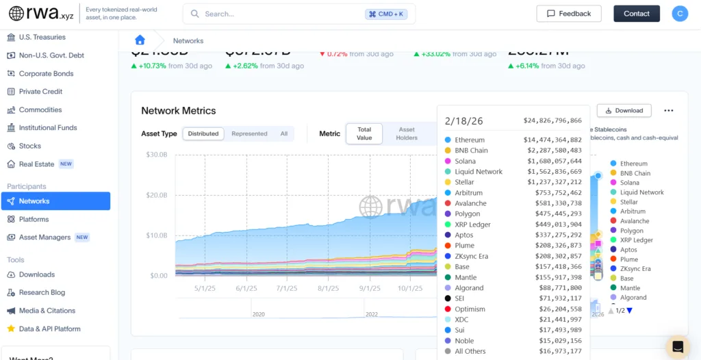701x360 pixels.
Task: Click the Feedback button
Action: click(569, 14)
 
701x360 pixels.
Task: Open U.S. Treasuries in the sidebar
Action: click(42, 37)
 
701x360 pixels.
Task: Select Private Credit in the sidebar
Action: click(40, 92)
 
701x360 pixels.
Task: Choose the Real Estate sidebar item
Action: click(36, 164)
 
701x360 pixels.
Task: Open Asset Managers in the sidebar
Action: click(44, 237)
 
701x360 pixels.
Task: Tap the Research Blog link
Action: click(42, 292)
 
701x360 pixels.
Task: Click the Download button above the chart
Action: click(624, 110)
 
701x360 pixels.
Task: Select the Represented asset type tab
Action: click(249, 134)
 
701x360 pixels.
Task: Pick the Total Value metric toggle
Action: click(364, 133)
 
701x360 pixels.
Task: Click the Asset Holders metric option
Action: click(407, 133)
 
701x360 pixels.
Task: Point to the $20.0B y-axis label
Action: click(157, 195)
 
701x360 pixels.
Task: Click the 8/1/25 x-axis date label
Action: click(329, 288)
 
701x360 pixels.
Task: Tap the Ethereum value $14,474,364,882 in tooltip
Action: click(552, 140)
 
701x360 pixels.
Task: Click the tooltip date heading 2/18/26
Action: click(463, 121)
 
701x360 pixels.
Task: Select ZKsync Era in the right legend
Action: click(635, 269)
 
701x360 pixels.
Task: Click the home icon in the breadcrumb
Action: click(140, 40)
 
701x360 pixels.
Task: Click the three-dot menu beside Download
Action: click(668, 110)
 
